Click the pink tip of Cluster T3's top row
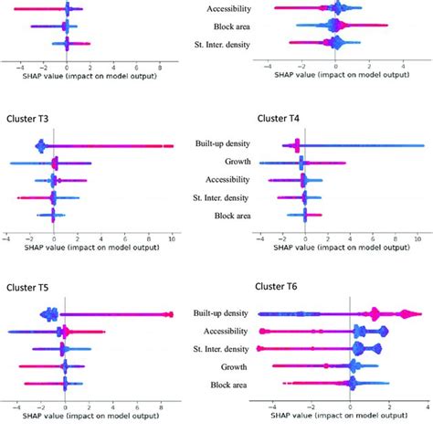[170, 145]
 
